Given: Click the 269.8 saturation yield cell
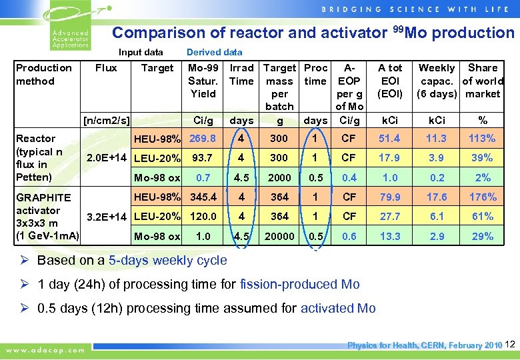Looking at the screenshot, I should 203,139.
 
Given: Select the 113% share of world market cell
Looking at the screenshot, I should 482,139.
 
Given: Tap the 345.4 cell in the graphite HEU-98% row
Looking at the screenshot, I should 203,197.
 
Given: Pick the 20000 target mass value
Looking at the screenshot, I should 279,236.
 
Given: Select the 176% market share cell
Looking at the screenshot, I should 482,197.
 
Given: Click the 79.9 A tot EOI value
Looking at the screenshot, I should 390,197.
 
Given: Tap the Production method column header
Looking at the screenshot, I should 44,74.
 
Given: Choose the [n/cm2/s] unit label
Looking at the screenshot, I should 105,121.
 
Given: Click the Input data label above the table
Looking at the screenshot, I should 141,52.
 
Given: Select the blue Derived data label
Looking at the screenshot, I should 215,52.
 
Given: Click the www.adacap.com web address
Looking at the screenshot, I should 45,349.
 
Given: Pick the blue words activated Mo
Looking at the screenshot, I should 338,308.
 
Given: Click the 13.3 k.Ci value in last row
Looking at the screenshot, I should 390,236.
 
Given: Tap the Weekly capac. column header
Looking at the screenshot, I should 436,81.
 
